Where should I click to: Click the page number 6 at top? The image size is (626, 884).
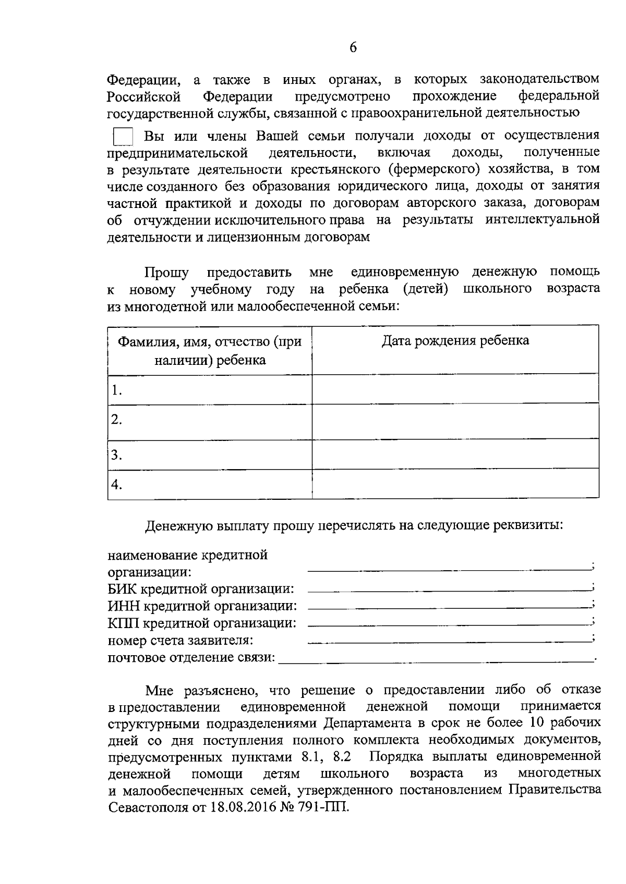point(353,47)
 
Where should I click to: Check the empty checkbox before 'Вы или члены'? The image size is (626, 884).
point(123,137)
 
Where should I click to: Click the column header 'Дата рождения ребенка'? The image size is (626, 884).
point(455,341)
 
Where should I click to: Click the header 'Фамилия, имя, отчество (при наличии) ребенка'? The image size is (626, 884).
point(210,350)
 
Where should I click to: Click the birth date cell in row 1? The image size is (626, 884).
point(455,389)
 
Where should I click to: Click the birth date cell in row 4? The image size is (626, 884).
point(455,484)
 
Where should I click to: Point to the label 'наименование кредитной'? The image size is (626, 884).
point(187,555)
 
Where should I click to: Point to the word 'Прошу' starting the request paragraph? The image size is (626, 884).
point(166,272)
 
